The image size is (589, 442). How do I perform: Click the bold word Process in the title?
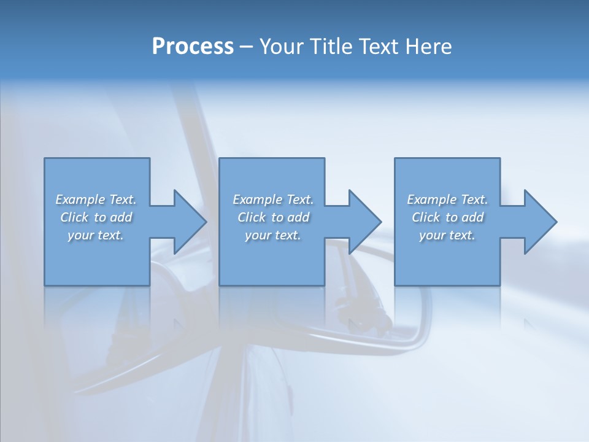coord(193,47)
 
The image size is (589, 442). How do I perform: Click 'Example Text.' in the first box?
coord(96,200)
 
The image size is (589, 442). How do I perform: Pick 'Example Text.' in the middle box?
coord(273,200)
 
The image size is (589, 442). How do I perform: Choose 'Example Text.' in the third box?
coord(447,200)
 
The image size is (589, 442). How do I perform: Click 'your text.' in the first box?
coord(96,235)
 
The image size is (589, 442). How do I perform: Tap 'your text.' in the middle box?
coord(273,235)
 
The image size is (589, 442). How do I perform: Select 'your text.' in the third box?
coord(447,235)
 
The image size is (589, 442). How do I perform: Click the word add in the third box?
coord(472,217)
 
